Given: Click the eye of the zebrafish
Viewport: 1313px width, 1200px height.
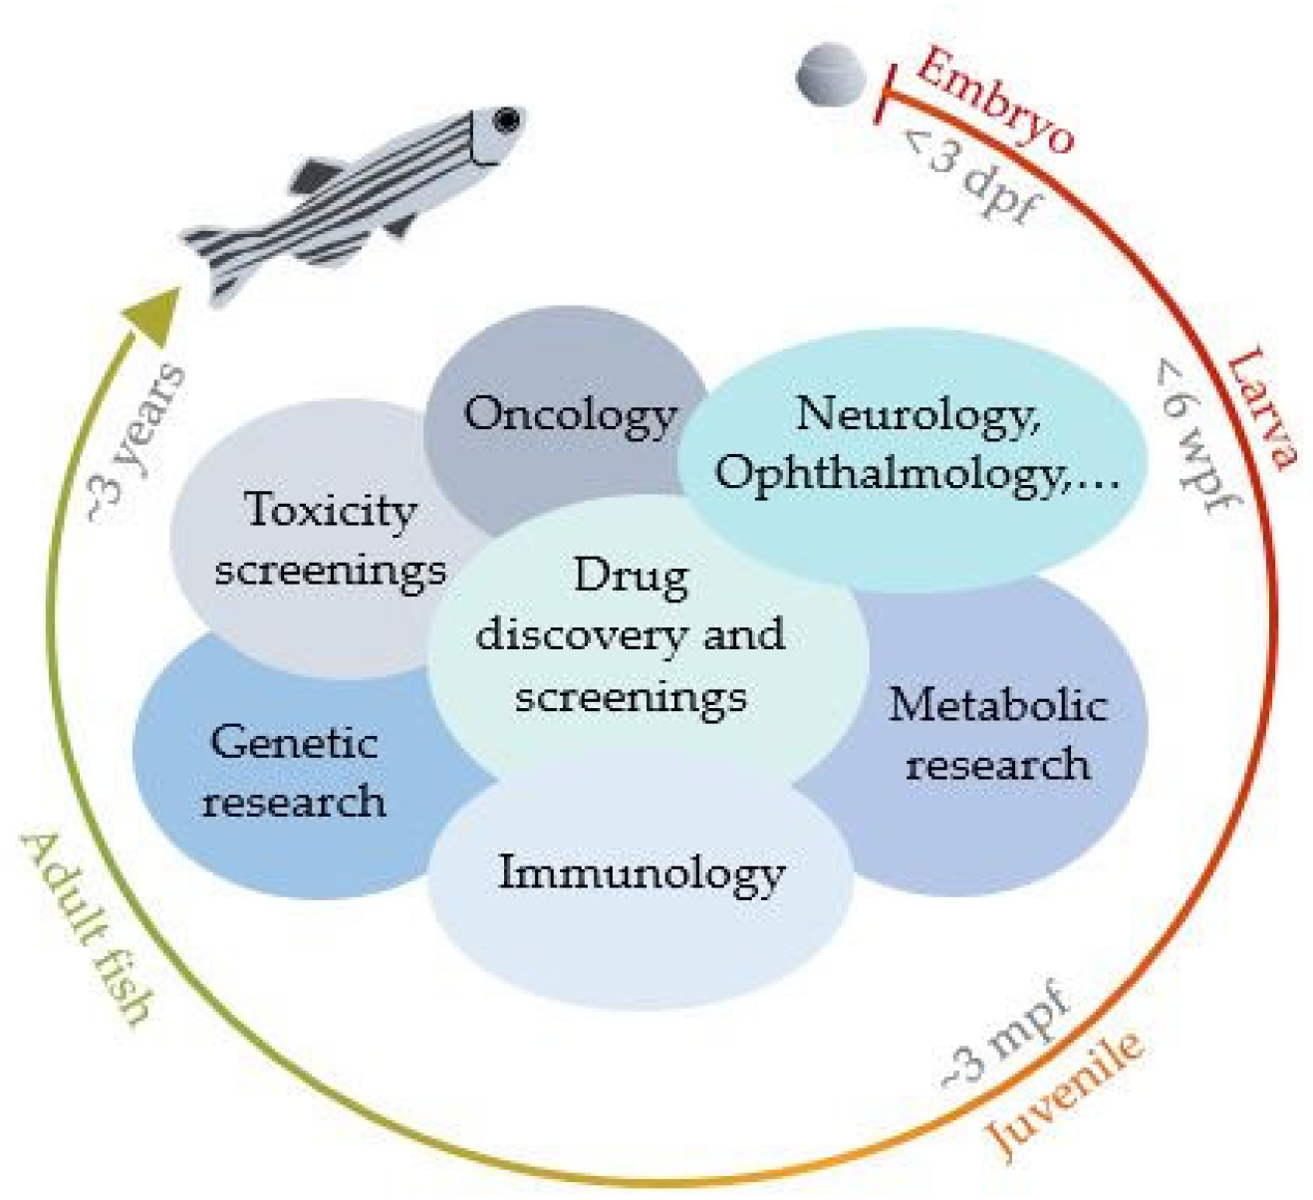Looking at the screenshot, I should point(507,120).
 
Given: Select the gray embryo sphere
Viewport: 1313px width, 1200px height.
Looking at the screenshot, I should point(832,76).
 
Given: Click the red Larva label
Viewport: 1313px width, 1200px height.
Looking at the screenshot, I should point(1261,407).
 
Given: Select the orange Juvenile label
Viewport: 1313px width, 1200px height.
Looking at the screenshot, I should point(1064,1094).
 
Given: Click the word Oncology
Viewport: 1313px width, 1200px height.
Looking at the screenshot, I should point(570,413).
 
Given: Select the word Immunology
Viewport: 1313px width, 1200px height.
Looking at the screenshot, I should point(642,873).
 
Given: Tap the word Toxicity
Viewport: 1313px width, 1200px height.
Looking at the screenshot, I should point(330,510).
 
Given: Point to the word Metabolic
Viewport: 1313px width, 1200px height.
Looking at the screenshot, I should point(997,704).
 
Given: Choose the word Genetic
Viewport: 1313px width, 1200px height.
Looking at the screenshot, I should point(294,742).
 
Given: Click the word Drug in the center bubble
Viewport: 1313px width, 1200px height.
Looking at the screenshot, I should point(631,576).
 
